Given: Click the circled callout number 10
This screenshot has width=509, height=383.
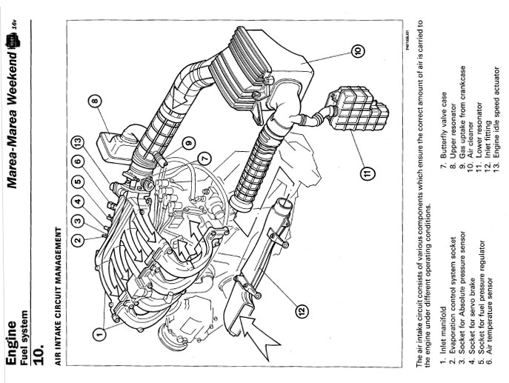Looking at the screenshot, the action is tap(357, 50).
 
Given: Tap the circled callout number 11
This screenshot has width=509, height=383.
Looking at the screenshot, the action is tap(367, 173).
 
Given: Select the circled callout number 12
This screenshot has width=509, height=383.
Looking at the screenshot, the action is tap(302, 311).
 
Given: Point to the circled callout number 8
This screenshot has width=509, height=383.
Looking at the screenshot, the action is tap(94, 101).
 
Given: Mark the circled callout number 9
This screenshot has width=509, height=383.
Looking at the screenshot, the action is tap(188, 142).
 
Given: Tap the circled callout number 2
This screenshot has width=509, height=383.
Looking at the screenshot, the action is tap(78, 240).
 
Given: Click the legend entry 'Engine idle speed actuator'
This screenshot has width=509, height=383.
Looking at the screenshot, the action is tap(496, 113).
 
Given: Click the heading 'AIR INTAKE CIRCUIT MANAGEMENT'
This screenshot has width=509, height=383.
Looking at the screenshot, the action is tap(58, 296).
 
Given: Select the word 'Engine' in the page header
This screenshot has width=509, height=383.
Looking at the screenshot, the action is tap(11, 343).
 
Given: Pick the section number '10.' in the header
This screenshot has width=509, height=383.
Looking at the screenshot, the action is tap(39, 353).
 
